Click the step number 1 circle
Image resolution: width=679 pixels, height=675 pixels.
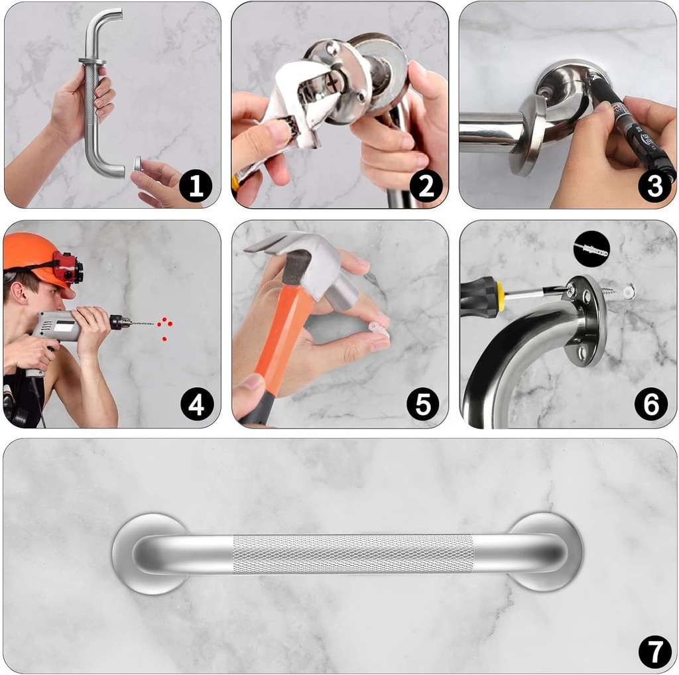(195, 186)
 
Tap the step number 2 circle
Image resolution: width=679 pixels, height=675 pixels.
(425, 186)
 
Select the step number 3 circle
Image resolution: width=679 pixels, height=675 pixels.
(654, 186)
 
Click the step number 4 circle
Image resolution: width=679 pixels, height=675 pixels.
(196, 404)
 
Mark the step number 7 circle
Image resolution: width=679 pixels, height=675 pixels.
(654, 651)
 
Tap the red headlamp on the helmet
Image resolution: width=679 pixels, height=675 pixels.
(67, 269)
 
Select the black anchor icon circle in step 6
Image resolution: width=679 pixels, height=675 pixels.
(591, 249)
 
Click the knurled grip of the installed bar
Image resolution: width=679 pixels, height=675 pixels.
(351, 554)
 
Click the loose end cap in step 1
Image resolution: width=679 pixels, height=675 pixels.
(137, 164)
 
